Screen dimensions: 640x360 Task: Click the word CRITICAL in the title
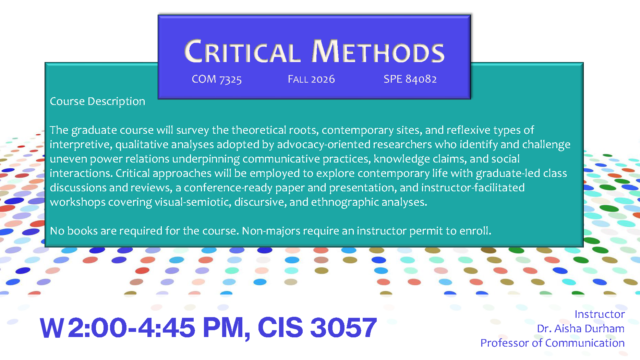point(242,51)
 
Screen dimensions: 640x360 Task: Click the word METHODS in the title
point(378,51)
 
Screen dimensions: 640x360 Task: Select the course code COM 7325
point(217,79)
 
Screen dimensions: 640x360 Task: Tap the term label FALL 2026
point(311,79)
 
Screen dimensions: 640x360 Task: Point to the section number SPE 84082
point(410,79)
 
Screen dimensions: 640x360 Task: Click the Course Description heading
point(98,101)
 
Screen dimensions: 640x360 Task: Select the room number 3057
point(343,327)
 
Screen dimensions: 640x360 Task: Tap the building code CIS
point(280,327)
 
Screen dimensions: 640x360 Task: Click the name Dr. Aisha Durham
point(581,328)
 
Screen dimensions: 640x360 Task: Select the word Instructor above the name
point(600,314)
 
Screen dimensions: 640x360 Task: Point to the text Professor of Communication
point(553,343)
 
